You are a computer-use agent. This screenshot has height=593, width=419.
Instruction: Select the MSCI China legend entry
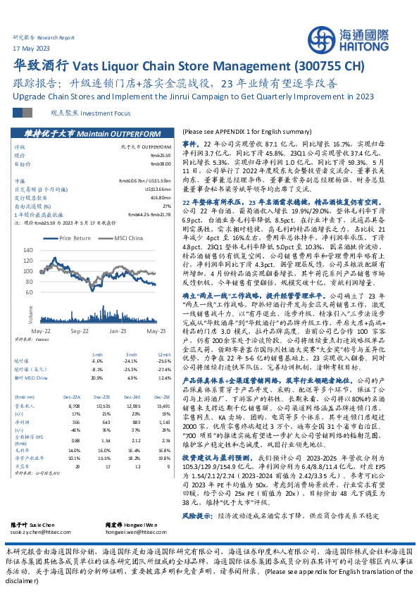(125, 239)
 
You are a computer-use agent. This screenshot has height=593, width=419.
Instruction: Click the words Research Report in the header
(58, 37)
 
